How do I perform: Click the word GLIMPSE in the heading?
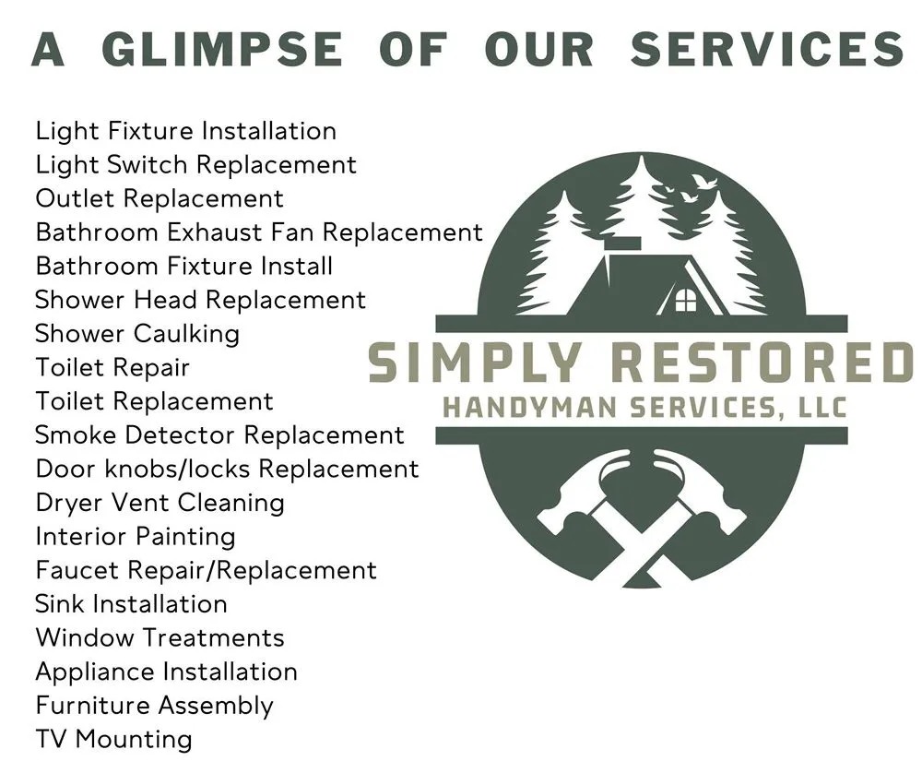[x=222, y=49]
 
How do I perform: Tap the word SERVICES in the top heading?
[x=766, y=49]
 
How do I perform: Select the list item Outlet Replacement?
[x=160, y=198]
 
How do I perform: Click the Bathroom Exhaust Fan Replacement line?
[x=259, y=232]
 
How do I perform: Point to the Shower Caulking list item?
[x=137, y=333]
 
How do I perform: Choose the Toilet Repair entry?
[x=112, y=367]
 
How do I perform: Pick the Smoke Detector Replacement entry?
[x=219, y=434]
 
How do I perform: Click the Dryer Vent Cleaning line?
[x=160, y=503]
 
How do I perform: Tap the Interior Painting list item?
[x=136, y=536]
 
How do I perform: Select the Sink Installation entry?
[x=131, y=604]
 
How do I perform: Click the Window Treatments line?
[x=160, y=637]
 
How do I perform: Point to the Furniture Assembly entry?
[x=154, y=706]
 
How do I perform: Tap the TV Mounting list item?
[x=113, y=739]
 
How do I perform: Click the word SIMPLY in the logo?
[x=476, y=363]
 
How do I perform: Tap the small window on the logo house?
[x=686, y=300]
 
